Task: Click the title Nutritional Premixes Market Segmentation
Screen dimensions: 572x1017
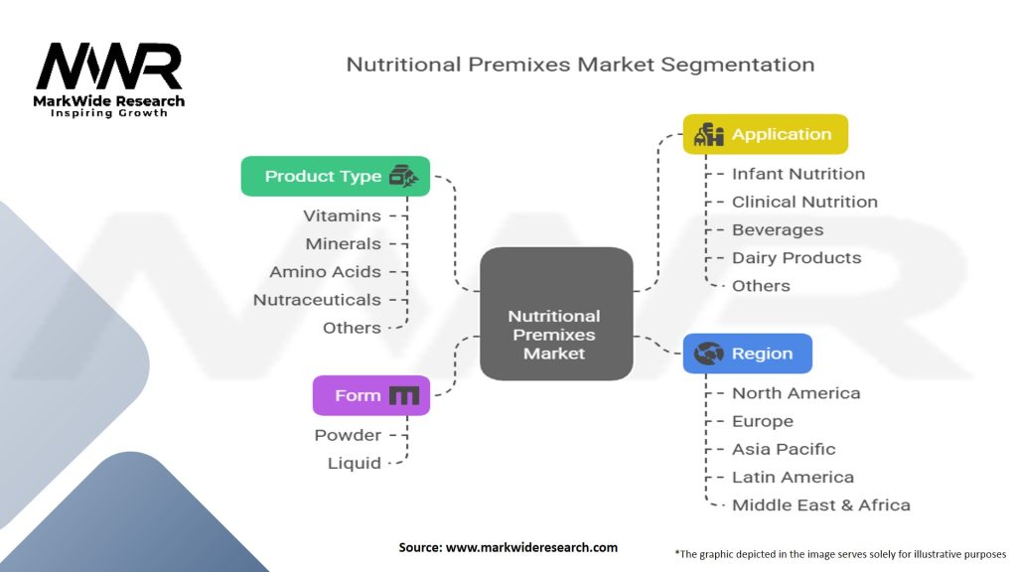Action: point(580,65)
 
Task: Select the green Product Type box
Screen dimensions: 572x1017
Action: point(336,176)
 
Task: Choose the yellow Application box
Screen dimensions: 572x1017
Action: point(765,134)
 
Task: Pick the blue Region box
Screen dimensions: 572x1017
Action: point(747,354)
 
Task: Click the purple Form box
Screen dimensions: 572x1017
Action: point(371,395)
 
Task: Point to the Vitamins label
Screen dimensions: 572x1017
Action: point(342,215)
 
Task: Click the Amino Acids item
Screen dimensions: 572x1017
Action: point(325,271)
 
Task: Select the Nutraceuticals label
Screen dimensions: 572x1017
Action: point(317,299)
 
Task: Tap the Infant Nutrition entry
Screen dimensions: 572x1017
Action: point(798,174)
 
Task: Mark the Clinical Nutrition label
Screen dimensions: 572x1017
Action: point(804,202)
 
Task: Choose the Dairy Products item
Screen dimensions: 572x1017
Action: point(797,257)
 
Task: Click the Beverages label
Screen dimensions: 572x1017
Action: point(778,229)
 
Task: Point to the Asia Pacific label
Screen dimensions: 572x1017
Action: point(784,449)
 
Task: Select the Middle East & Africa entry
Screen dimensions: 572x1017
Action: point(820,504)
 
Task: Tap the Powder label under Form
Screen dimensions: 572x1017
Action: point(348,435)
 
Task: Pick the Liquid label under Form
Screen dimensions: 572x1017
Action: point(355,463)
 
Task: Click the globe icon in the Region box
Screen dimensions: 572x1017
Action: point(708,354)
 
